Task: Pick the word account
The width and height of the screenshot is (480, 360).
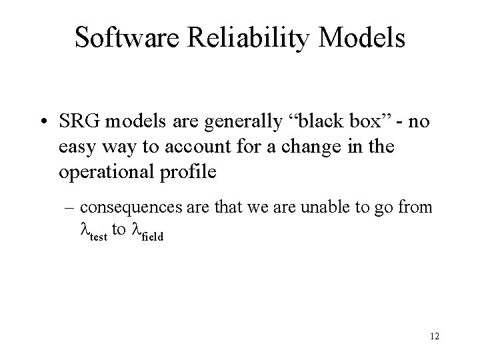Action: [189, 147]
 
